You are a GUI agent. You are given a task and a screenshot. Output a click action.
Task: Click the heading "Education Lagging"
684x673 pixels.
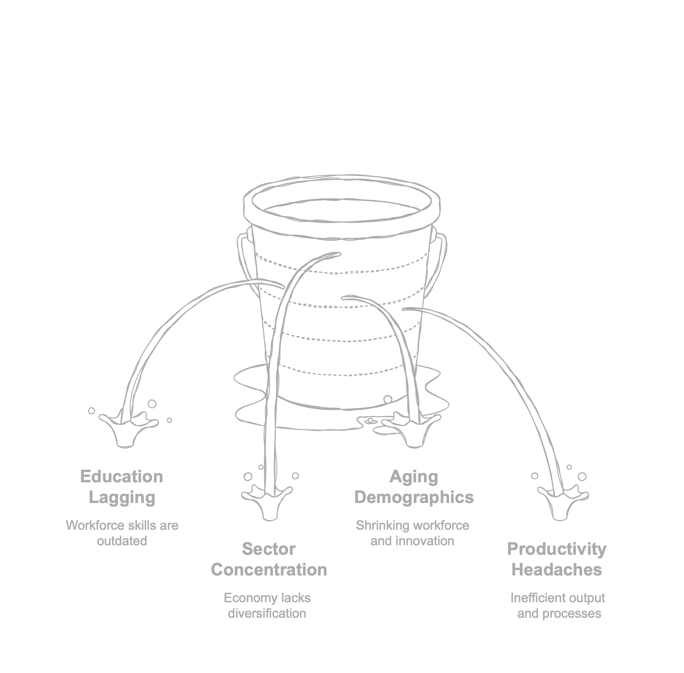coord(122,487)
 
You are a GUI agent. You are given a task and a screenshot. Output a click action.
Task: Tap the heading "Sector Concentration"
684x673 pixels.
coord(269,559)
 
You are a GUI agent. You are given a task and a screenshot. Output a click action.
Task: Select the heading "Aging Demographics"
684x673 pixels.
coord(414,487)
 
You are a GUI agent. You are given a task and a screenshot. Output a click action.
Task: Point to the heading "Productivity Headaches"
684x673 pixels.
coord(557,559)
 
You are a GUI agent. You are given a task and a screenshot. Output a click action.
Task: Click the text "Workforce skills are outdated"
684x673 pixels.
coord(122,533)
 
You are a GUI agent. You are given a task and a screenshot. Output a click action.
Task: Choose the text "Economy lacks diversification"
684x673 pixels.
coord(267,605)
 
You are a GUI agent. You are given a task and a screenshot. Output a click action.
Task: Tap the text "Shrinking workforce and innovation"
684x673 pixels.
coord(412,533)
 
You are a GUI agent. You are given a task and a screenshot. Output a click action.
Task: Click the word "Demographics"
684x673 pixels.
coord(414,497)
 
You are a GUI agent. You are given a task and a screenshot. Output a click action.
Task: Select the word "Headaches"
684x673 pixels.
coord(557,570)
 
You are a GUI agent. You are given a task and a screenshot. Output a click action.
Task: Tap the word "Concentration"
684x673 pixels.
coord(269,570)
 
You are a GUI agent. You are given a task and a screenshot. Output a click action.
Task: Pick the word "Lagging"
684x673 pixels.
coord(122,497)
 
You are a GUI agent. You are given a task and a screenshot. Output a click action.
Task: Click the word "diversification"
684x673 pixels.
coord(267,613)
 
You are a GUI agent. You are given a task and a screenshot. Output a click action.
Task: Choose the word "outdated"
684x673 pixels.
coord(122,541)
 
